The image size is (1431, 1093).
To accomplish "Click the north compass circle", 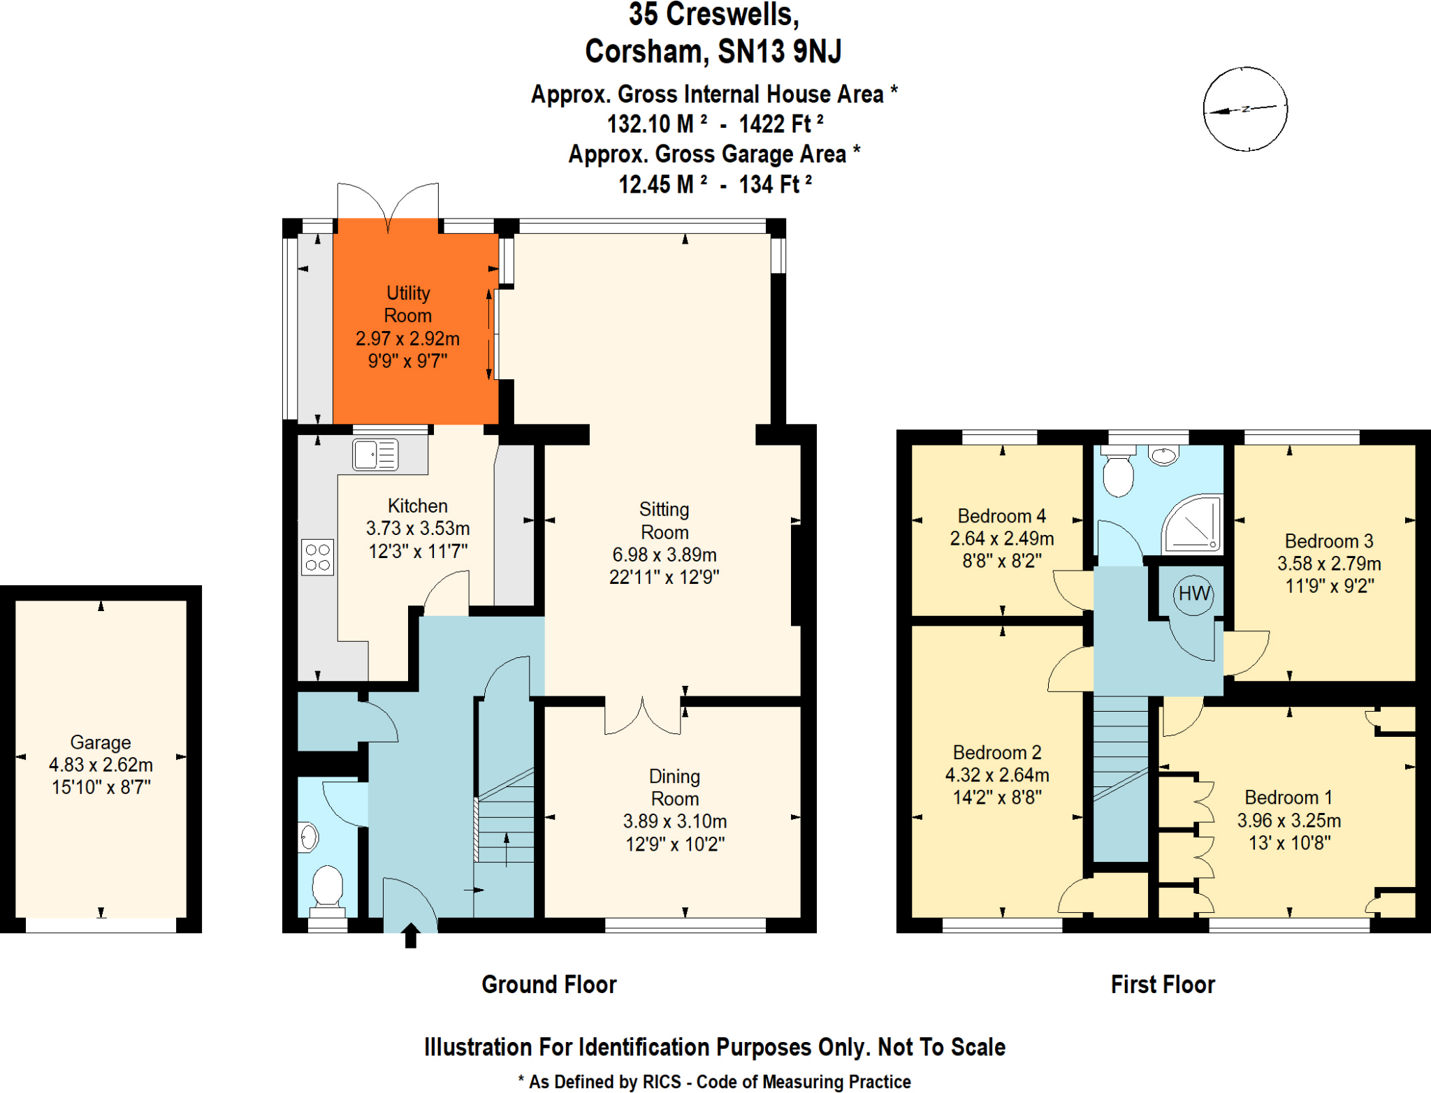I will [x=1244, y=109].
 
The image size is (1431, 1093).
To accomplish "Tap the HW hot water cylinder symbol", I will [x=1193, y=594].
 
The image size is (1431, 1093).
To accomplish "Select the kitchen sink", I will [x=375, y=455].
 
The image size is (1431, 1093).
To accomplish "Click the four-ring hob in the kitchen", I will [x=317, y=557].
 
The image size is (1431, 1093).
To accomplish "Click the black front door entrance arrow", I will [x=411, y=934].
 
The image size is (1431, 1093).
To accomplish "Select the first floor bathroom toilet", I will [x=1118, y=474].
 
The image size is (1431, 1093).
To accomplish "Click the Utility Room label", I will [x=408, y=304].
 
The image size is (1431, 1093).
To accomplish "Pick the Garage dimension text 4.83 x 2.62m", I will [x=101, y=765].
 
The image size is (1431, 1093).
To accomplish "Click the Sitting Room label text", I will [x=664, y=521].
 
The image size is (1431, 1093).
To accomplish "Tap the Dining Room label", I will [x=674, y=787].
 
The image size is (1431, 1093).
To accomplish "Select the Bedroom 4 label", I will [x=1001, y=516].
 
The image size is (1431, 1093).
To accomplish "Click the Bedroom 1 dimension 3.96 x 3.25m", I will [x=1289, y=821].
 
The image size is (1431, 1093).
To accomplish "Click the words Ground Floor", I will [x=549, y=985].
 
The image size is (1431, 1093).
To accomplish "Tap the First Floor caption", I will [x=1163, y=985].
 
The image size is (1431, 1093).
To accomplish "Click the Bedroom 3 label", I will [x=1329, y=541].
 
